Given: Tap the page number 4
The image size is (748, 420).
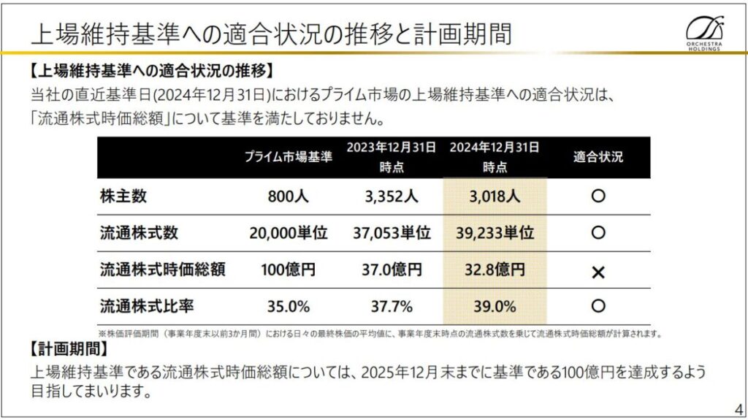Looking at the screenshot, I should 736,408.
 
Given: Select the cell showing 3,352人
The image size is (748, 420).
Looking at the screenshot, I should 390,196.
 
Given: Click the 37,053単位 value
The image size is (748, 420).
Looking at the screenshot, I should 390,233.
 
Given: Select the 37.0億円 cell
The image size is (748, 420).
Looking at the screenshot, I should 390,270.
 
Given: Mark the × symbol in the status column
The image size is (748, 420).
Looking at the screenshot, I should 598,272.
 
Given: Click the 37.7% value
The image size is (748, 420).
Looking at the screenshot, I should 390,306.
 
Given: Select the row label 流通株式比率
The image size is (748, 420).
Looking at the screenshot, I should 147,306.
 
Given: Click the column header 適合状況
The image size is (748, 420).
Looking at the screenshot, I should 598,157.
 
